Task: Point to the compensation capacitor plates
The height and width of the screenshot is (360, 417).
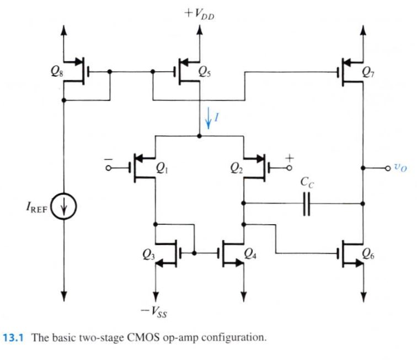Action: click(307, 203)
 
